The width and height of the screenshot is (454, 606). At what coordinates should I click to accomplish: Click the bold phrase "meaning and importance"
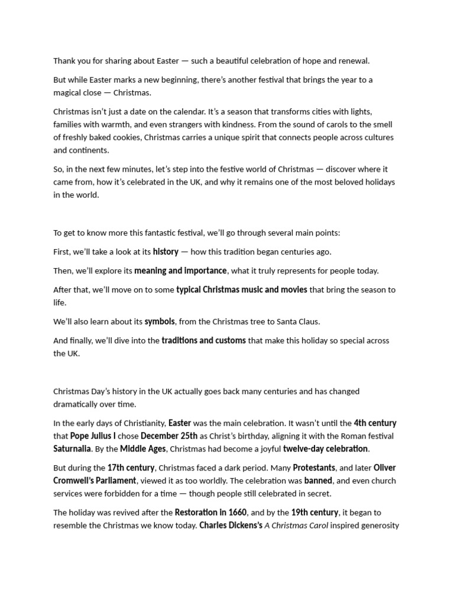pos(180,270)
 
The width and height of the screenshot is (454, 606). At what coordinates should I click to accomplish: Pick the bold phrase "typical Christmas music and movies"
pos(242,289)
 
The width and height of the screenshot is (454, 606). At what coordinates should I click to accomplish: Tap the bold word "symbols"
pos(160,321)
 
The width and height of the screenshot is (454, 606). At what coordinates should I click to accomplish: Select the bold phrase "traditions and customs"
pos(203,340)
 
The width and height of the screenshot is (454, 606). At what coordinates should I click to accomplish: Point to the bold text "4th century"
pos(375,423)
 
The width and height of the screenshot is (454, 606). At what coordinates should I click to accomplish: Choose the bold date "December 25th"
pos(169,436)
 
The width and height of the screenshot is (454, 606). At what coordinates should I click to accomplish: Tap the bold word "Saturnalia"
pos(72,449)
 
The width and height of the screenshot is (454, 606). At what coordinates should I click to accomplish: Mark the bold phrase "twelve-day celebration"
pos(325,449)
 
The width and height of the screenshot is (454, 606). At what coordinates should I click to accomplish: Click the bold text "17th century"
pos(131,468)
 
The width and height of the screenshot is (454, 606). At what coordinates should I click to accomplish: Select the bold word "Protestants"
pos(314,468)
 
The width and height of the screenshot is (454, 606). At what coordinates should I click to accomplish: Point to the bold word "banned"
pos(318,481)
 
